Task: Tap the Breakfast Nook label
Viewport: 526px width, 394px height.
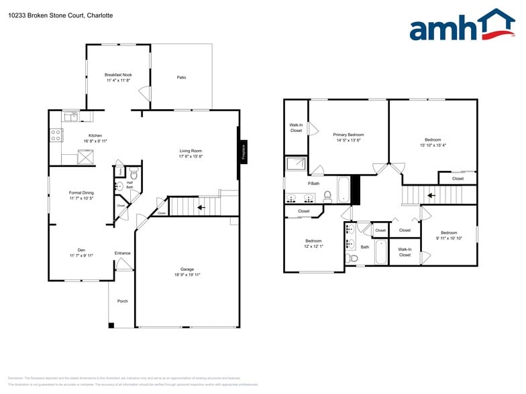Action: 117,74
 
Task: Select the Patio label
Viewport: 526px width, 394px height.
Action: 181,77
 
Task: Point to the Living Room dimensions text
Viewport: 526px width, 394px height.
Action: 191,157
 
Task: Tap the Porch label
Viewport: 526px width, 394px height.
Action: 123,301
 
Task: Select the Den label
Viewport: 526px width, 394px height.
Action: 81,249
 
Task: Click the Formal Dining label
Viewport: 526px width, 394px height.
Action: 81,192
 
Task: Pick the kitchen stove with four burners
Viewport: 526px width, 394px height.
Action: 56,135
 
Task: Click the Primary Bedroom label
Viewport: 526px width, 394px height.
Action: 349,135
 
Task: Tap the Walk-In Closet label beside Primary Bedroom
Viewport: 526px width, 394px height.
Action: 296,127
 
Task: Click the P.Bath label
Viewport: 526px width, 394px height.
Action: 313,183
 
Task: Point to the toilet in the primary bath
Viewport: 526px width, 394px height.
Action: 327,196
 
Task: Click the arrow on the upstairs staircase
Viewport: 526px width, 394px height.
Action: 431,196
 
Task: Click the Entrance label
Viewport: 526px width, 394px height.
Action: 122,253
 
